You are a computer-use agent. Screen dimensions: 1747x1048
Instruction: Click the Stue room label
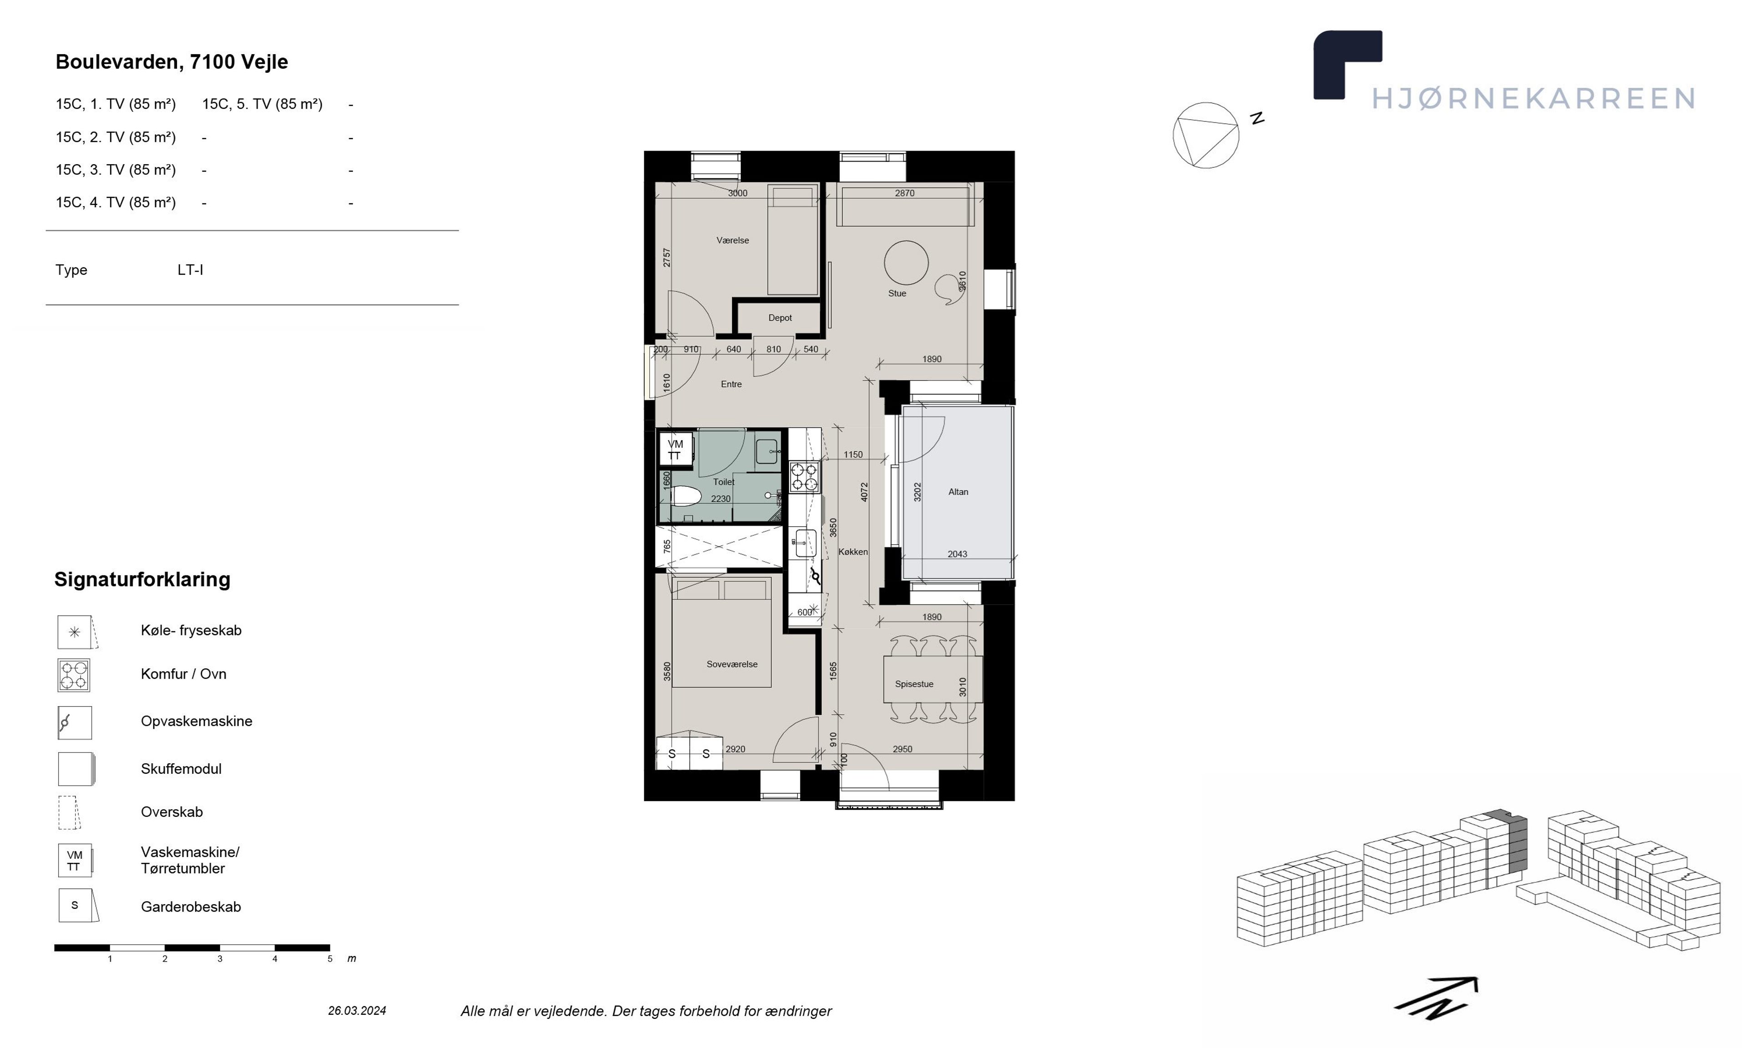[x=897, y=293]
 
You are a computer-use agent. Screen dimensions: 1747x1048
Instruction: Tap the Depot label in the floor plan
[x=780, y=318]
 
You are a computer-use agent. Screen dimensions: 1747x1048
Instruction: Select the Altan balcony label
[x=958, y=492]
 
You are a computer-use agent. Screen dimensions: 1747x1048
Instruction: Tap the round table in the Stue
[x=906, y=263]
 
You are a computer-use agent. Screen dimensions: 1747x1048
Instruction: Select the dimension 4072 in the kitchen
[x=863, y=492]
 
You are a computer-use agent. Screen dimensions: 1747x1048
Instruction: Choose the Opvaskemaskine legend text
[x=196, y=721]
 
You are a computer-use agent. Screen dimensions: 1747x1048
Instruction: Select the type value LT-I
[x=190, y=270]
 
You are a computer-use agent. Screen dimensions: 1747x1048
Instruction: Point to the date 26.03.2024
[x=357, y=1011]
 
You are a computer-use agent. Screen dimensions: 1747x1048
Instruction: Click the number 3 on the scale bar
[x=220, y=959]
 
